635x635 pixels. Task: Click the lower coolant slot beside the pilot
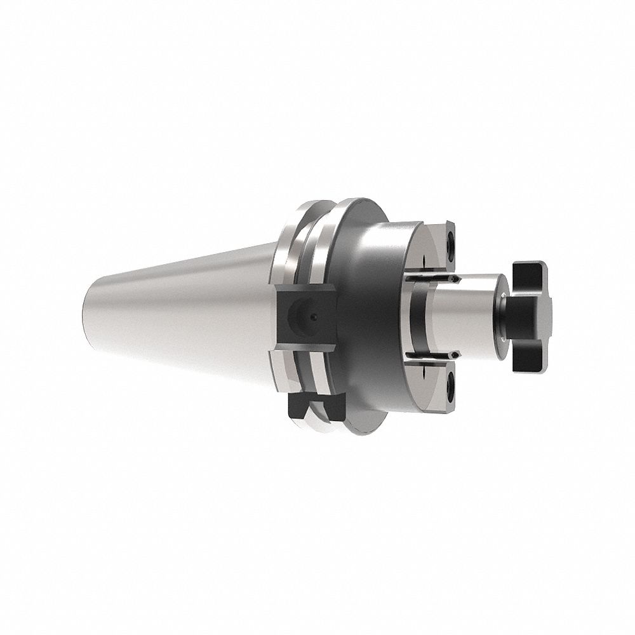[432, 353]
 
